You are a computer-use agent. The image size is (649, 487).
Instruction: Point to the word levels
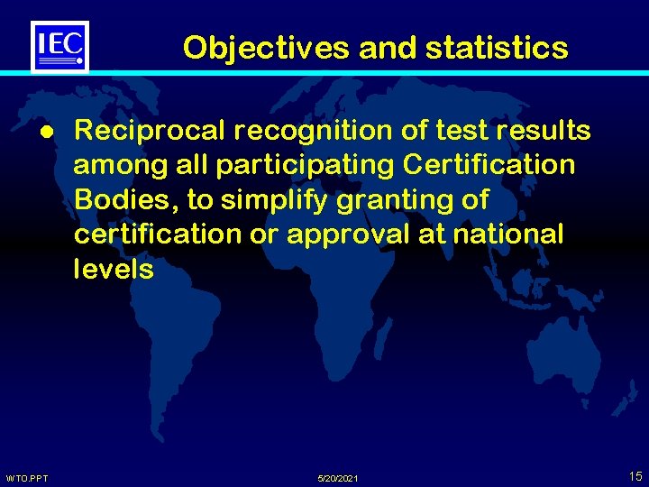click(x=114, y=269)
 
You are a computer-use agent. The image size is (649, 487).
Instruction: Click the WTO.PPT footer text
click(x=27, y=477)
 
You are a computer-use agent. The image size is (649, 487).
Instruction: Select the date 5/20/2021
click(x=338, y=477)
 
